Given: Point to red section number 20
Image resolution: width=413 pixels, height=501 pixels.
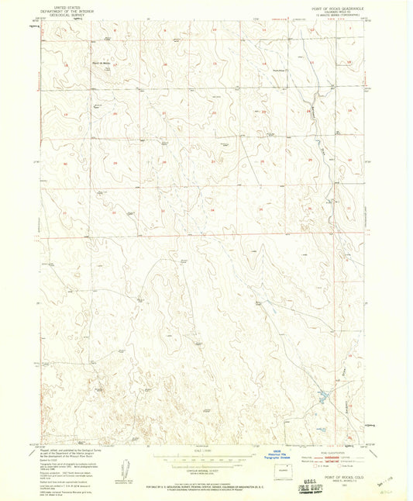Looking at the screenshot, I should (115, 114).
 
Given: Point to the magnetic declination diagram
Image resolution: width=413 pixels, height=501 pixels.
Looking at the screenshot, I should (119, 470).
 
